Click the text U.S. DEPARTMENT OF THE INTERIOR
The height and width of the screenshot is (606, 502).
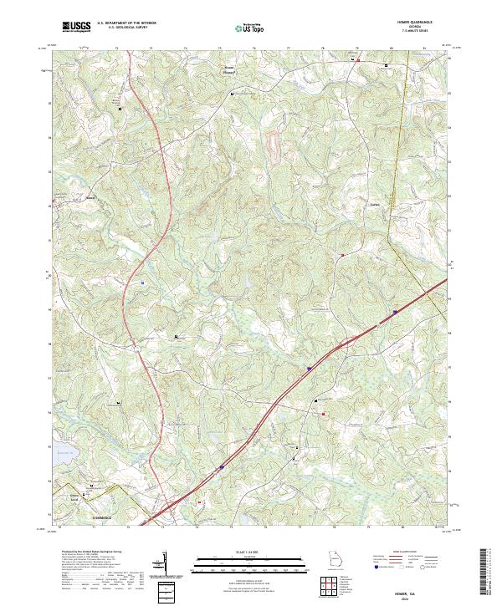pyautogui.click(x=126, y=23)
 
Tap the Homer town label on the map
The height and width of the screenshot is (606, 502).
pyautogui.click(x=91, y=197)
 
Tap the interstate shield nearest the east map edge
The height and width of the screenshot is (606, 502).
pyautogui.click(x=393, y=313)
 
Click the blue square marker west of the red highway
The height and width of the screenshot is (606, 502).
pyautogui.click(x=142, y=282)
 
